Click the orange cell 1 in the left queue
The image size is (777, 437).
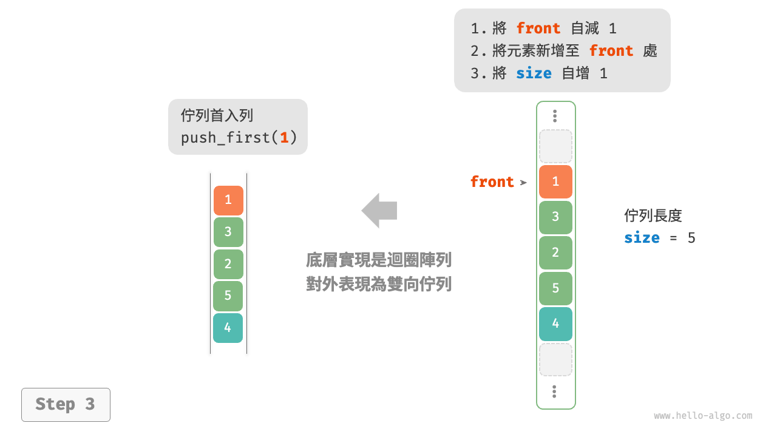[228, 200]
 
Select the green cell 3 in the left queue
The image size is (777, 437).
[228, 232]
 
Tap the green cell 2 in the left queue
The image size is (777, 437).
[228, 264]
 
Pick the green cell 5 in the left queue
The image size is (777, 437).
[228, 296]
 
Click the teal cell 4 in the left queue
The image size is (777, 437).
[228, 328]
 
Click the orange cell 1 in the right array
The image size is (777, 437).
[555, 182]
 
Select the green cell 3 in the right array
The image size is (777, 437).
[555, 217]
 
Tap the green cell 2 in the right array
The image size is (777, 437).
[555, 252]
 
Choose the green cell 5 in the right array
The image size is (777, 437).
[555, 288]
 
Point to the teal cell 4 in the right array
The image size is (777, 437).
[555, 324]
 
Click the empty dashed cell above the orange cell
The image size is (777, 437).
[555, 146]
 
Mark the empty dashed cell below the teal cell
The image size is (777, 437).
[555, 359]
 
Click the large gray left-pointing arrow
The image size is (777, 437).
[379, 211]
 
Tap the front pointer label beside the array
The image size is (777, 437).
[492, 182]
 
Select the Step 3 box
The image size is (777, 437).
[66, 404]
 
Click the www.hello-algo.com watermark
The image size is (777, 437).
[703, 416]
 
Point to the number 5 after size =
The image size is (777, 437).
[691, 238]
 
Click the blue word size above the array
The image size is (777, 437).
[534, 73]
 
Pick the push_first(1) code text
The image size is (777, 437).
[239, 138]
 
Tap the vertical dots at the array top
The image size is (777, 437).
[555, 116]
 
